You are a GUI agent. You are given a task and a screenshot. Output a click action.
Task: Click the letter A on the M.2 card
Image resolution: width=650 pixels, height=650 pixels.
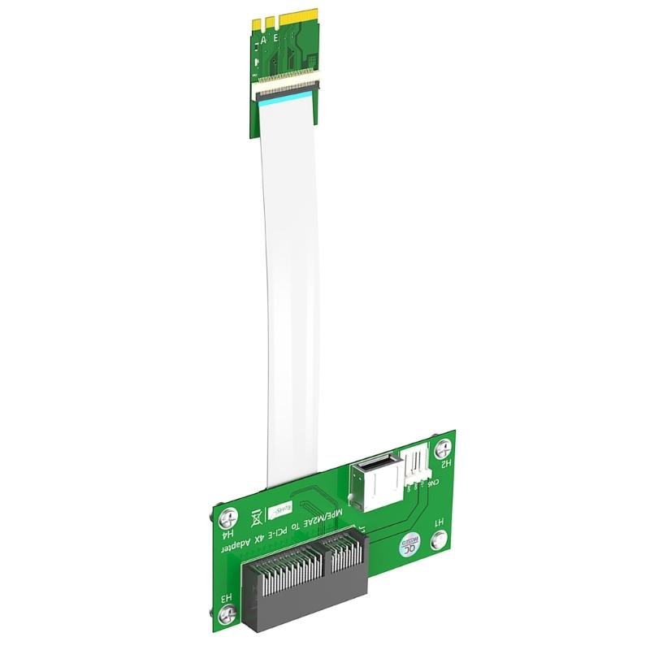(264, 38)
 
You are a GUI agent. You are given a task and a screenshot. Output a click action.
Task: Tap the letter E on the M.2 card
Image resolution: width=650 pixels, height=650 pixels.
(277, 38)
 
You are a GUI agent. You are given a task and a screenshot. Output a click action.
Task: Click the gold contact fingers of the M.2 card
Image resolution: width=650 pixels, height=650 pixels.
(269, 21)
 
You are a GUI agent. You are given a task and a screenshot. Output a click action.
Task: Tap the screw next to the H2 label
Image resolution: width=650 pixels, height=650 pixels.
(444, 446)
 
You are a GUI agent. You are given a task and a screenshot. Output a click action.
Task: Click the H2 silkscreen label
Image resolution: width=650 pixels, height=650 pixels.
(444, 466)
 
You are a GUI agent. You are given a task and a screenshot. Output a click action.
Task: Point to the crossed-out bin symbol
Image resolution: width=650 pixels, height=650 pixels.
(258, 516)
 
